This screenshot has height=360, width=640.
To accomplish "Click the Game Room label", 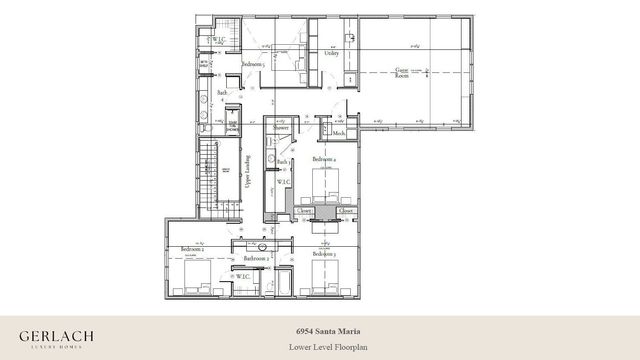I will (403, 72).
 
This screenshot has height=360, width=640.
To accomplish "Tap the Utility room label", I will (331, 53).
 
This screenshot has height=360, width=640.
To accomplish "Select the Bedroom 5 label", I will (253, 64).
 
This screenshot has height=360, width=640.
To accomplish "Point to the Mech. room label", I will (339, 134).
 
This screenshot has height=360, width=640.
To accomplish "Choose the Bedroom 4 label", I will (323, 159).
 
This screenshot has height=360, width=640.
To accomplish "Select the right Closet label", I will (346, 211).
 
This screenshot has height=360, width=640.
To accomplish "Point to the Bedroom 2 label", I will (193, 249).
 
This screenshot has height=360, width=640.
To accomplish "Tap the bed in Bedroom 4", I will (327, 187).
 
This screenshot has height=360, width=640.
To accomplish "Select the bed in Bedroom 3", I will (326, 273).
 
